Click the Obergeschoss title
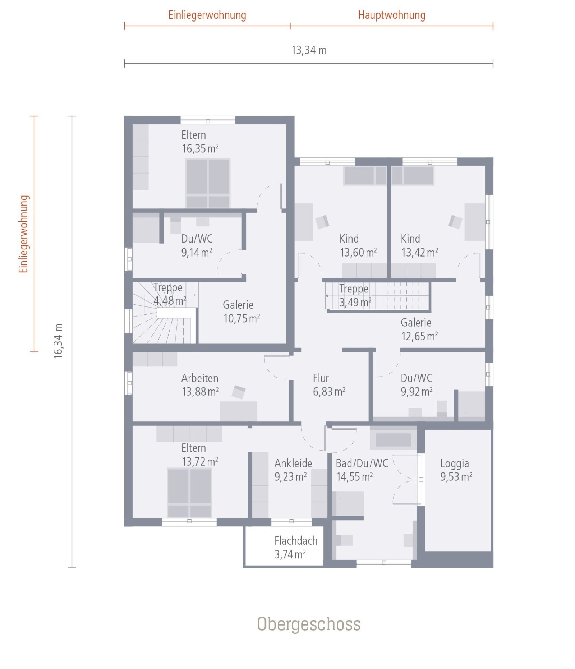[309, 624]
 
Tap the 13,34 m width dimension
[309, 50]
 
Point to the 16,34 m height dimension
[58, 341]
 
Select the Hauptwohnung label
[392, 15]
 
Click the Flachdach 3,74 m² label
[296, 547]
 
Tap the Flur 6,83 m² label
[329, 385]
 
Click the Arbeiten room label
[200, 378]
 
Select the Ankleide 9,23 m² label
[293, 470]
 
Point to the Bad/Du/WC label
[362, 463]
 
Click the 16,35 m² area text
[200, 148]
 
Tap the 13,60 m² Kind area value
[358, 252]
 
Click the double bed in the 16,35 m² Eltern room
[208, 183]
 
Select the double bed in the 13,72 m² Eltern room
[189, 493]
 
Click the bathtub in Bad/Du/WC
[394, 439]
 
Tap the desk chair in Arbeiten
[239, 392]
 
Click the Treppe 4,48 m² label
[170, 294]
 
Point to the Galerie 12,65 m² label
[419, 329]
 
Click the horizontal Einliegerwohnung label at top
[207, 15]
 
